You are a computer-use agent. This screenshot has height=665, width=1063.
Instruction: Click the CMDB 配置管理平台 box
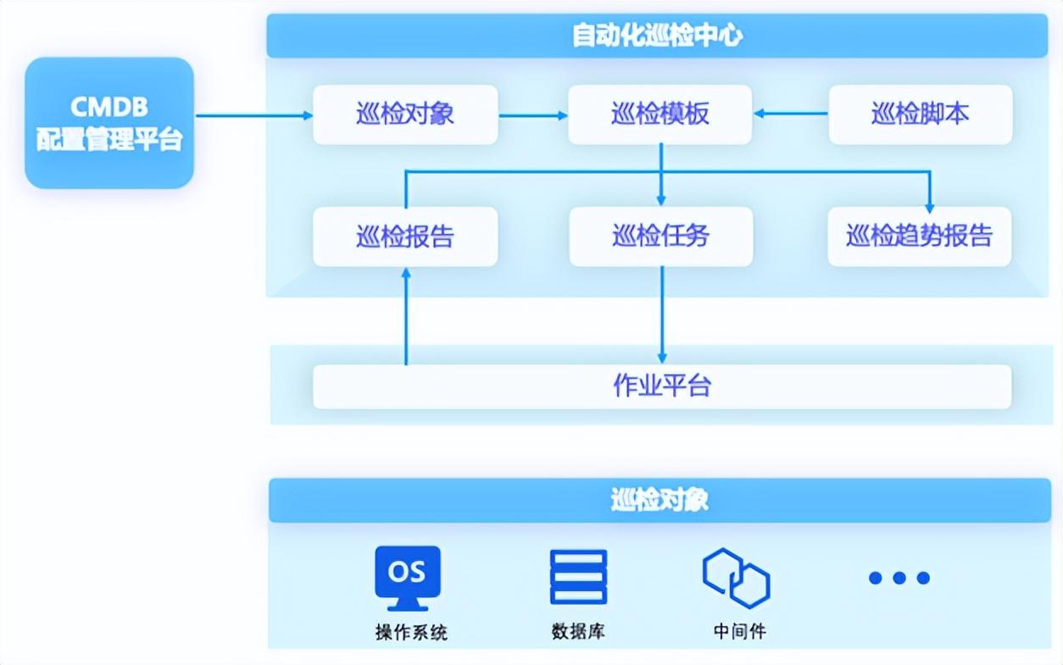[x=109, y=123]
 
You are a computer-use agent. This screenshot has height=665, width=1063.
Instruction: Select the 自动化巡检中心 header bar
[x=658, y=36]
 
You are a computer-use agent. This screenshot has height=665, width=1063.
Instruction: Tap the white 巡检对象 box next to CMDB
[x=405, y=115]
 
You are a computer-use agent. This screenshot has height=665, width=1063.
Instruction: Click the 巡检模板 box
[x=660, y=115]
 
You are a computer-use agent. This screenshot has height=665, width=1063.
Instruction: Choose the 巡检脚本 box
[x=920, y=115]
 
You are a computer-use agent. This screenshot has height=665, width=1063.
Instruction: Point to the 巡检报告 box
[x=405, y=237]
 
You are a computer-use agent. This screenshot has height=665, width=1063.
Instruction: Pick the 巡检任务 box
[x=660, y=237]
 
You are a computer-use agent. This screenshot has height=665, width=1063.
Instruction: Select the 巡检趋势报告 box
[x=919, y=237]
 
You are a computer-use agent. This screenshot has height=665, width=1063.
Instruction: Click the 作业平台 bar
[x=661, y=387]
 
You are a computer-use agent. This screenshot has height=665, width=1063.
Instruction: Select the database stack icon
[x=578, y=577]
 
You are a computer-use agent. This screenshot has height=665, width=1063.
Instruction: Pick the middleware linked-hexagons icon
[x=736, y=578]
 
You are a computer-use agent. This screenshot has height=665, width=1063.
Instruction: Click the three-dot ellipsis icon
[x=899, y=578]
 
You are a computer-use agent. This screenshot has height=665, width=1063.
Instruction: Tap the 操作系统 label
[x=411, y=633]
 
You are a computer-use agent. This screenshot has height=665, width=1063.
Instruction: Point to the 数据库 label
[x=578, y=632]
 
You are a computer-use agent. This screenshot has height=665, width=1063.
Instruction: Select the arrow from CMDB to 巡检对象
[x=254, y=115]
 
